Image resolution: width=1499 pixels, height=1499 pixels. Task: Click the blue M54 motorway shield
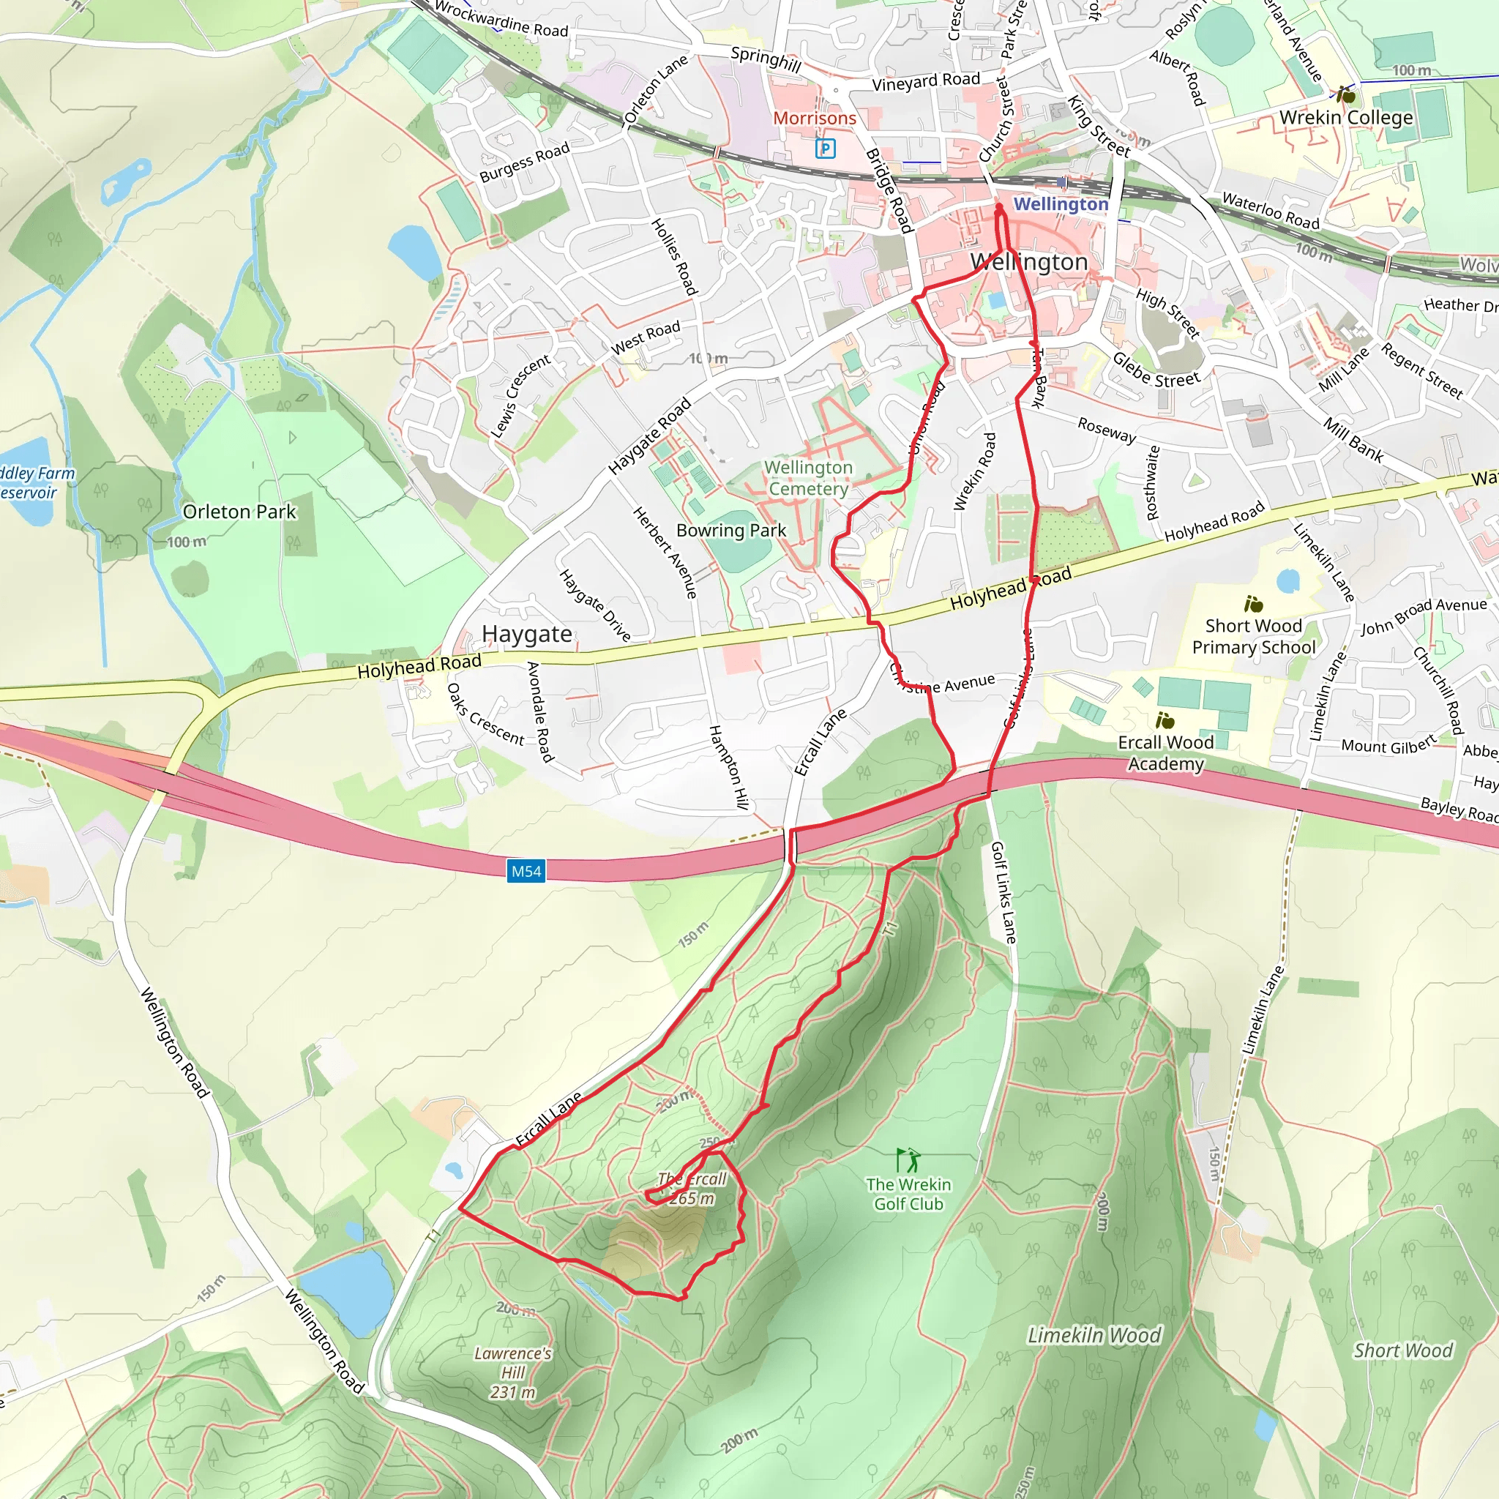(x=526, y=871)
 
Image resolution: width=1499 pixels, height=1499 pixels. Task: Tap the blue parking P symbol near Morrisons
(x=826, y=148)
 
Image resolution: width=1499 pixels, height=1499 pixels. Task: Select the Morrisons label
(x=814, y=118)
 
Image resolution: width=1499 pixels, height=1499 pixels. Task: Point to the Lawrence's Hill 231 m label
(x=513, y=1372)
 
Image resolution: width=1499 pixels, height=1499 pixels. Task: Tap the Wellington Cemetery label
(x=808, y=478)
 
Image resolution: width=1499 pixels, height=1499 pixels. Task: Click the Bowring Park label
(x=731, y=530)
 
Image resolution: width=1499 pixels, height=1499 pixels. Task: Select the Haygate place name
(x=527, y=634)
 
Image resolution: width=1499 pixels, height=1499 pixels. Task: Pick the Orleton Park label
(x=239, y=512)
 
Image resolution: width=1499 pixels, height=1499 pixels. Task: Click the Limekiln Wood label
(x=1094, y=1335)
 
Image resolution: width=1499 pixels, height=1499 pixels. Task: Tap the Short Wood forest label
(x=1403, y=1351)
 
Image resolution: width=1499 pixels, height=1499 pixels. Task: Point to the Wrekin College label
(x=1345, y=117)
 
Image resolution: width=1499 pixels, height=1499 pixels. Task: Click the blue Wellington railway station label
(x=1061, y=203)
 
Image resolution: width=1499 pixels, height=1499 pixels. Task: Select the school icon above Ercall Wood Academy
(x=1165, y=721)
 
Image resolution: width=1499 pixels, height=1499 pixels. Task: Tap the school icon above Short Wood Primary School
(x=1253, y=604)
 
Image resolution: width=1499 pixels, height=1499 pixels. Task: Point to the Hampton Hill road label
(x=729, y=767)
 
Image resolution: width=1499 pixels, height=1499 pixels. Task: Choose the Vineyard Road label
(x=926, y=81)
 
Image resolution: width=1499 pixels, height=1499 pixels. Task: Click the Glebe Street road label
(x=1155, y=370)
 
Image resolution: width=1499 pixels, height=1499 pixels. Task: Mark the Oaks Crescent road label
(x=486, y=713)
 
